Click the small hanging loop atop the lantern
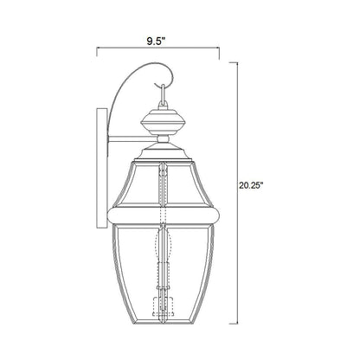(159, 90)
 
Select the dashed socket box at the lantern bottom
(159, 305)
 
